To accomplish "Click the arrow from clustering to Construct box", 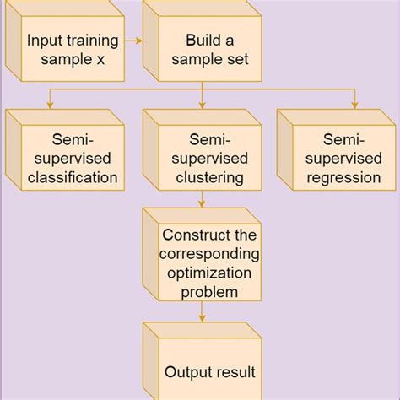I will (x=202, y=201).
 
